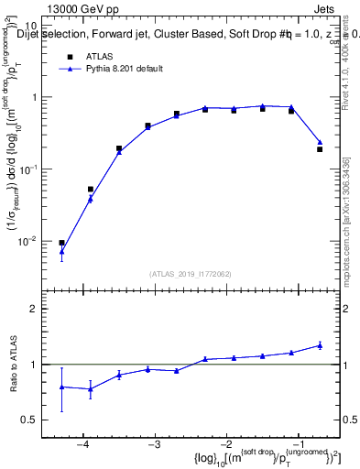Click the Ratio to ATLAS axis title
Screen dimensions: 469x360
(x=12, y=365)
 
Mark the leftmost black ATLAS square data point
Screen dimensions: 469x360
(x=61, y=243)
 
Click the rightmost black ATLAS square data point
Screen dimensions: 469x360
(x=320, y=148)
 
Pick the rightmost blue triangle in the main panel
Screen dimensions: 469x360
(x=320, y=142)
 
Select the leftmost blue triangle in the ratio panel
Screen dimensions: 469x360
(x=61, y=387)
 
